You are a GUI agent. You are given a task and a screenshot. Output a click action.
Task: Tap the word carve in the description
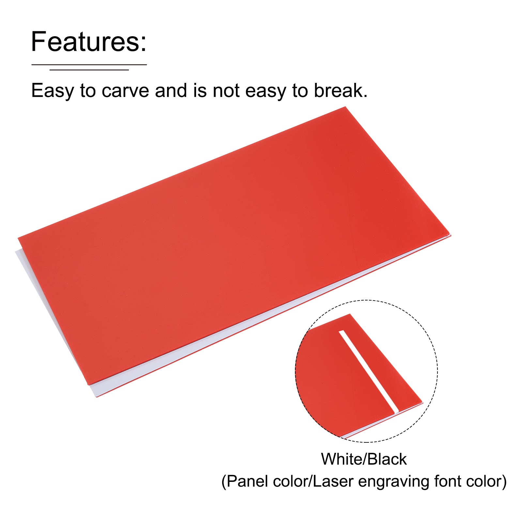point(126,91)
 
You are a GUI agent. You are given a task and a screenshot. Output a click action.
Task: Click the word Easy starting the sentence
point(53,91)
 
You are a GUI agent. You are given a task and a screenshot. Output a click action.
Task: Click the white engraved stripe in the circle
point(369,372)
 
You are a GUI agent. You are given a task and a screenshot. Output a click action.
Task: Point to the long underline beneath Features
point(89,65)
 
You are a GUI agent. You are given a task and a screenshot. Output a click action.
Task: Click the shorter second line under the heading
point(89,69)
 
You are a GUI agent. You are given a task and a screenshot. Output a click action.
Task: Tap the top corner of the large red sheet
point(345,107)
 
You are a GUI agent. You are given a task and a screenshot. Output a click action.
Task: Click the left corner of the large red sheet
point(18,238)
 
